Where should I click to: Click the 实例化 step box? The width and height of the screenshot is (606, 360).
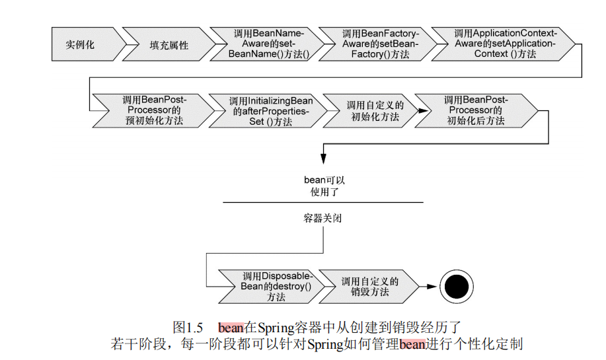82,45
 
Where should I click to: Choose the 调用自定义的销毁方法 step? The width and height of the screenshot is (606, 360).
373,287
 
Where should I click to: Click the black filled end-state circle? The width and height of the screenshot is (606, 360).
457,286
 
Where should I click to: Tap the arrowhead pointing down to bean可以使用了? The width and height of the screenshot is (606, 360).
323,159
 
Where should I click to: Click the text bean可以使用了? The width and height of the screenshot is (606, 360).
323,186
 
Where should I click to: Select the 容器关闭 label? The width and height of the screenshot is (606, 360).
323,217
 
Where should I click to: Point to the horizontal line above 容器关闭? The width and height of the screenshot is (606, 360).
323,202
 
